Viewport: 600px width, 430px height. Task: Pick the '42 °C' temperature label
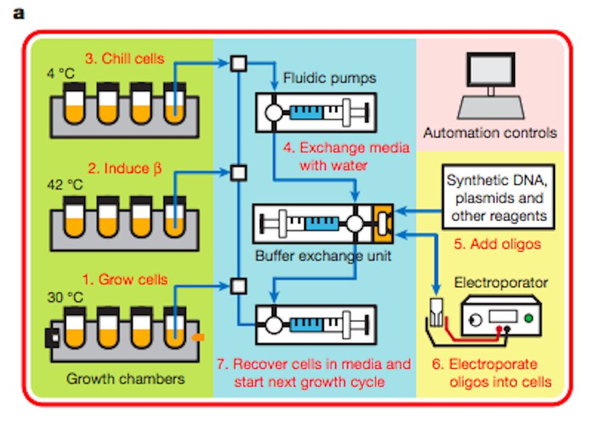65,184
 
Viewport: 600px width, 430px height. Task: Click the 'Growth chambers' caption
125,378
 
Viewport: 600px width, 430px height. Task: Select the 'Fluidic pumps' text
331,79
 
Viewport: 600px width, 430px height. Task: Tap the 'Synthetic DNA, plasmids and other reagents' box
496,197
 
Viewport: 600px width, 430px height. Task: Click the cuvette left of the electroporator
437,313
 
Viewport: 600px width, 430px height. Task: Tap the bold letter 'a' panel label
18,13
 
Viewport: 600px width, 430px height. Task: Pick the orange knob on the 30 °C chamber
200,337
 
